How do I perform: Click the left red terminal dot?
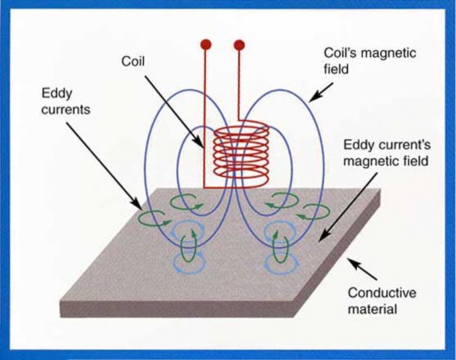pyautogui.click(x=206, y=45)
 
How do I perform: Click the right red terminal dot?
pyautogui.click(x=239, y=45)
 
